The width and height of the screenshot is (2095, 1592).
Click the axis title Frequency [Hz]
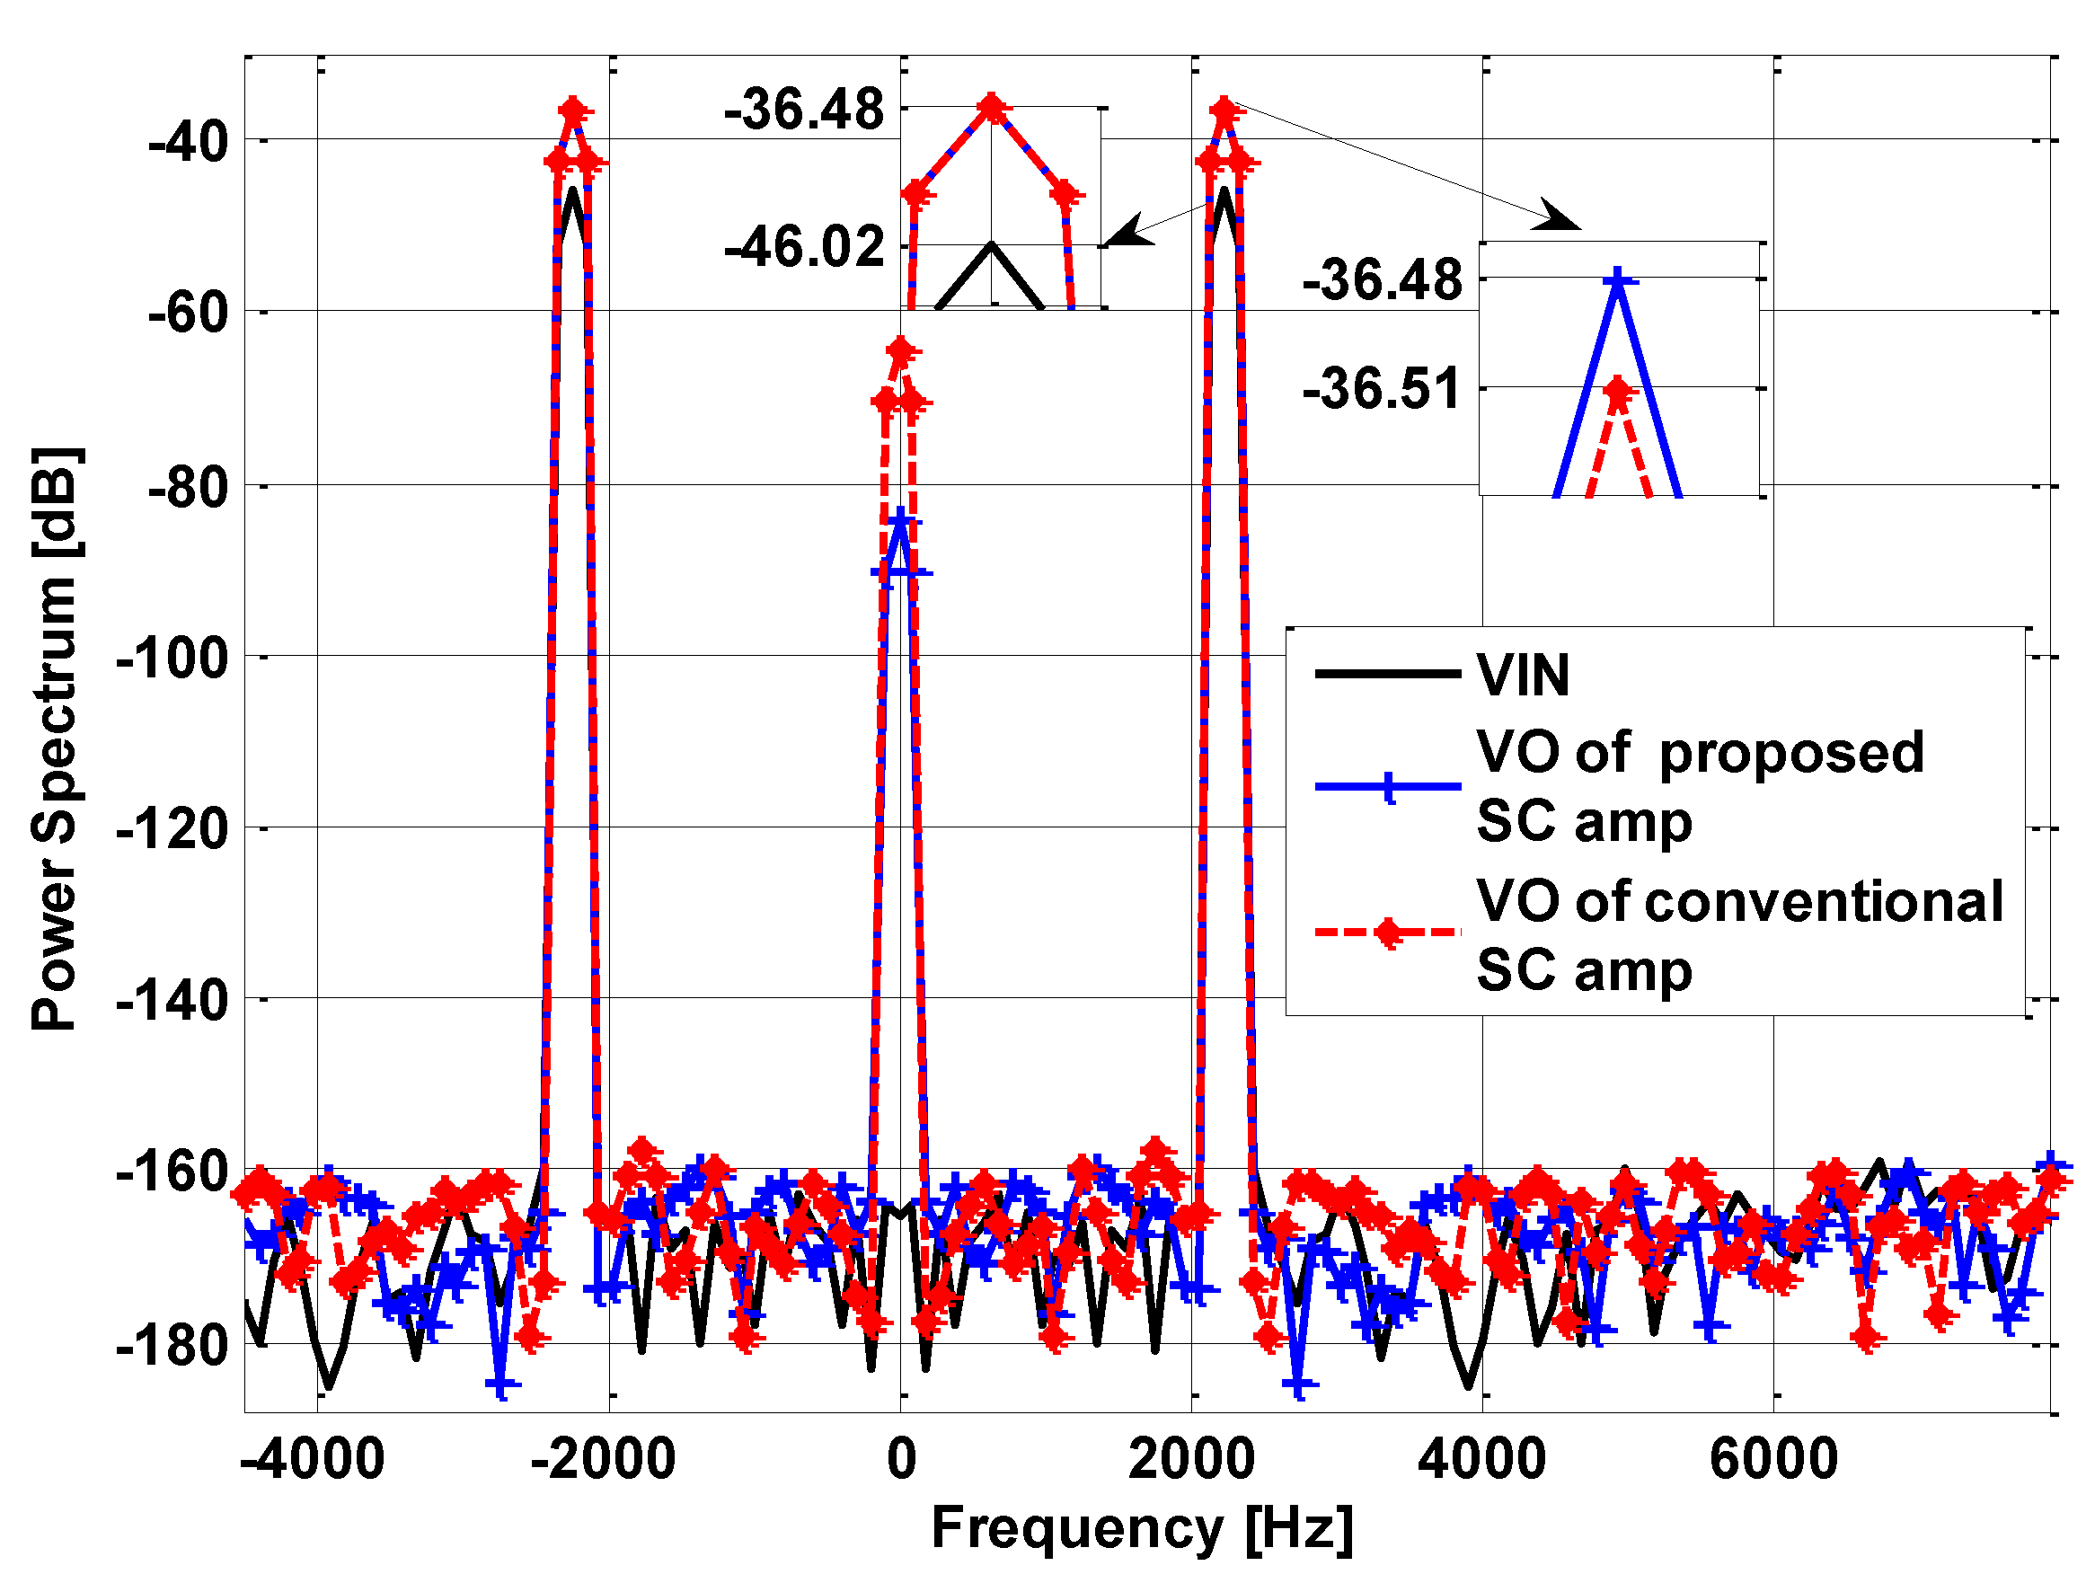1142,1528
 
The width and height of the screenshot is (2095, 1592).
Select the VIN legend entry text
1523,676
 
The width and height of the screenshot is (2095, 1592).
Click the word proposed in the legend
1790,754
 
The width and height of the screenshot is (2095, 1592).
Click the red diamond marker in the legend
1388,933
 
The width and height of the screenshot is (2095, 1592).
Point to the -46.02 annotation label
803,247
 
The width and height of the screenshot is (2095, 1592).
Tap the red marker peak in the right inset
1617,391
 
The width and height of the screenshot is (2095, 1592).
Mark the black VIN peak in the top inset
991,245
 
